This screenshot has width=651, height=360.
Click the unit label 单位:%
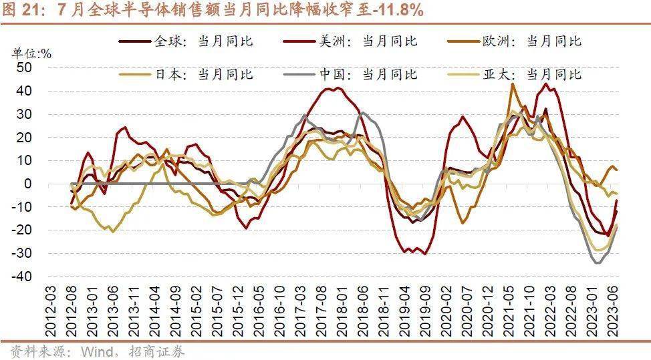coord(31,53)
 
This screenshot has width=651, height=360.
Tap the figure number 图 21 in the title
coord(23,11)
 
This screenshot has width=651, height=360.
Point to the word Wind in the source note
coord(97,351)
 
